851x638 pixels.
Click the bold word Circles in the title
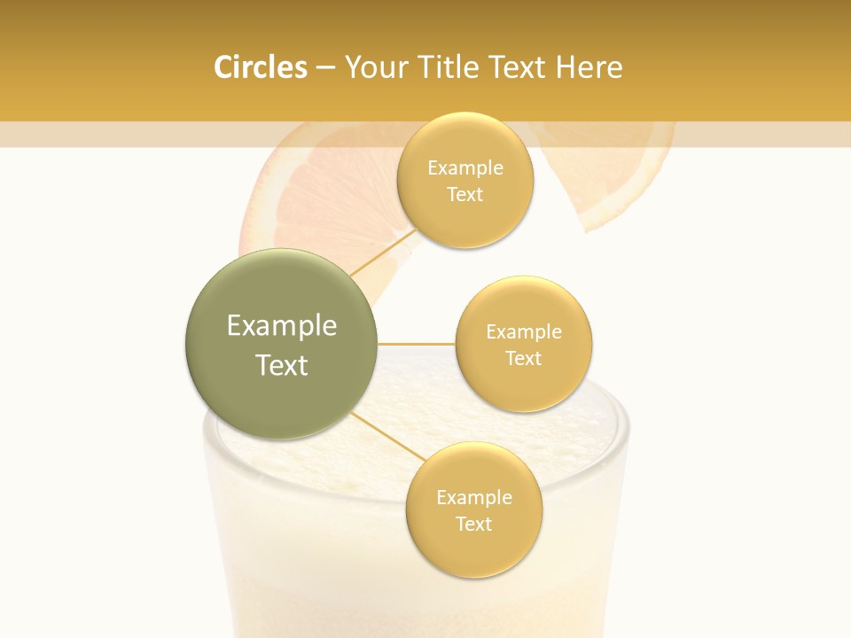coord(260,67)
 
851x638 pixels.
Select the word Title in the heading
coord(449,67)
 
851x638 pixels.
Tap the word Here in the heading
coord(589,67)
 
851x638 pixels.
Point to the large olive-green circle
coord(282,344)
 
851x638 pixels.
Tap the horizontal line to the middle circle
coord(416,344)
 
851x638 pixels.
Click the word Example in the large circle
coord(282,326)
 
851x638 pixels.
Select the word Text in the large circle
coord(282,365)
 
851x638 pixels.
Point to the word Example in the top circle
coord(465,168)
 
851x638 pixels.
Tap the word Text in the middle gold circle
coord(524,359)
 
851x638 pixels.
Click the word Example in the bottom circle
coord(473,498)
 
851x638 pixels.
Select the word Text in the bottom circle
coord(473,525)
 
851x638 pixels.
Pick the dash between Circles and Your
coord(325,68)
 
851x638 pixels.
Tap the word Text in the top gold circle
coord(465,195)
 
